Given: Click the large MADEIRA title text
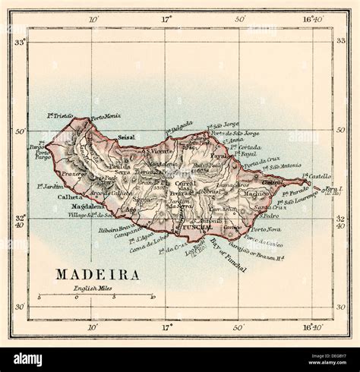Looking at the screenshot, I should click(96, 275).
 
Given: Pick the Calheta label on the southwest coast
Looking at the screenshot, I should click(70, 197).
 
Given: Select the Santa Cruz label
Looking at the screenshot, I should click(266, 206).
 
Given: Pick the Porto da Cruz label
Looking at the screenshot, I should click(262, 160).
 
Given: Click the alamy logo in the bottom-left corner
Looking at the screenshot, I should click(28, 360).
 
